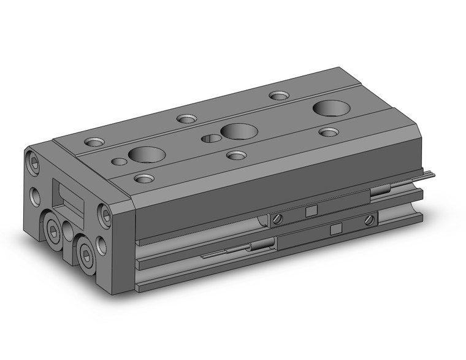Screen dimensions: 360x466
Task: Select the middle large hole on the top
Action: click(237, 131)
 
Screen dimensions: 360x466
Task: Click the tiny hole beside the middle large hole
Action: click(210, 137)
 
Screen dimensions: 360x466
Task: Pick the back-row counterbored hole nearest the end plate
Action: click(95, 142)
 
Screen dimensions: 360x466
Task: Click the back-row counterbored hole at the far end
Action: click(280, 96)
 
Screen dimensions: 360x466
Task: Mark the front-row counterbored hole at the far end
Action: click(329, 132)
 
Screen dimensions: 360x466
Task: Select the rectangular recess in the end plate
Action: click(73, 198)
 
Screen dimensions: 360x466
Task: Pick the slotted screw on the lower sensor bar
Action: click(369, 219)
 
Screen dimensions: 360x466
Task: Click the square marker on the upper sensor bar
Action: click(311, 210)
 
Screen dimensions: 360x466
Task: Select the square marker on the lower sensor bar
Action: click(335, 229)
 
